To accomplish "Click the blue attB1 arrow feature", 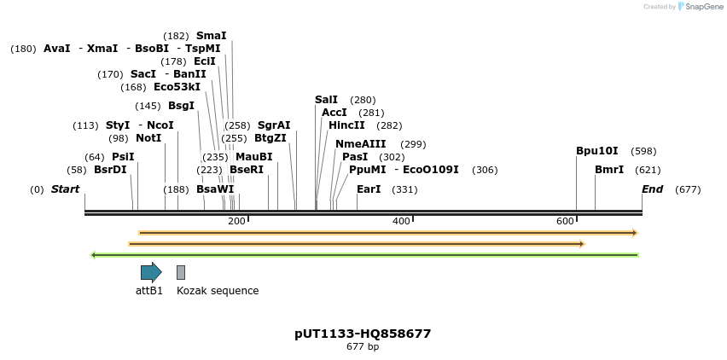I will [151, 272].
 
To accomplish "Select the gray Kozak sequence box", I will [181, 272].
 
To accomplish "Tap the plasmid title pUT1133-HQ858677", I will [363, 334].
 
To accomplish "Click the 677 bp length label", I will [363, 346].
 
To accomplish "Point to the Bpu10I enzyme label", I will [596, 151].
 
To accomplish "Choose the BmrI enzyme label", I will [609, 170].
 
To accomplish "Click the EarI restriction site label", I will [369, 189].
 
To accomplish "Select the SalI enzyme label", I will [326, 100].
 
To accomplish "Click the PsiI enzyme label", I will [123, 157].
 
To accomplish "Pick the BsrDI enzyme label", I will [110, 170].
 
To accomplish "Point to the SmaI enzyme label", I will [211, 36].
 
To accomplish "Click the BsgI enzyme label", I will [181, 106].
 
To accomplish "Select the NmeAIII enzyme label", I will [360, 144].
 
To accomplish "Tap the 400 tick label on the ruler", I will [401, 222].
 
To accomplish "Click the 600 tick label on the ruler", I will [565, 222].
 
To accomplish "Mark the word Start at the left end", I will [65, 189].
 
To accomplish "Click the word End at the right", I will [652, 189].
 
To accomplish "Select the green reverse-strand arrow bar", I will [364, 254].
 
